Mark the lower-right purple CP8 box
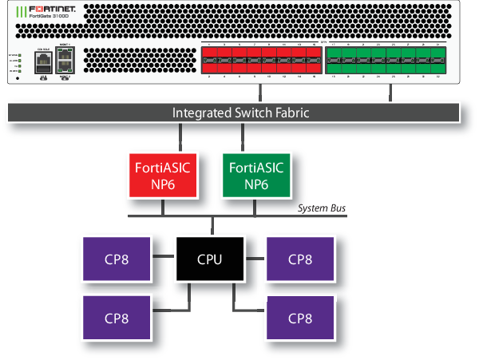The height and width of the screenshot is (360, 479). coord(299,316)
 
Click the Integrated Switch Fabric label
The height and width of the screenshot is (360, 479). coord(240,113)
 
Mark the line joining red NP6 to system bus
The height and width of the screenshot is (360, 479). coord(163,205)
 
